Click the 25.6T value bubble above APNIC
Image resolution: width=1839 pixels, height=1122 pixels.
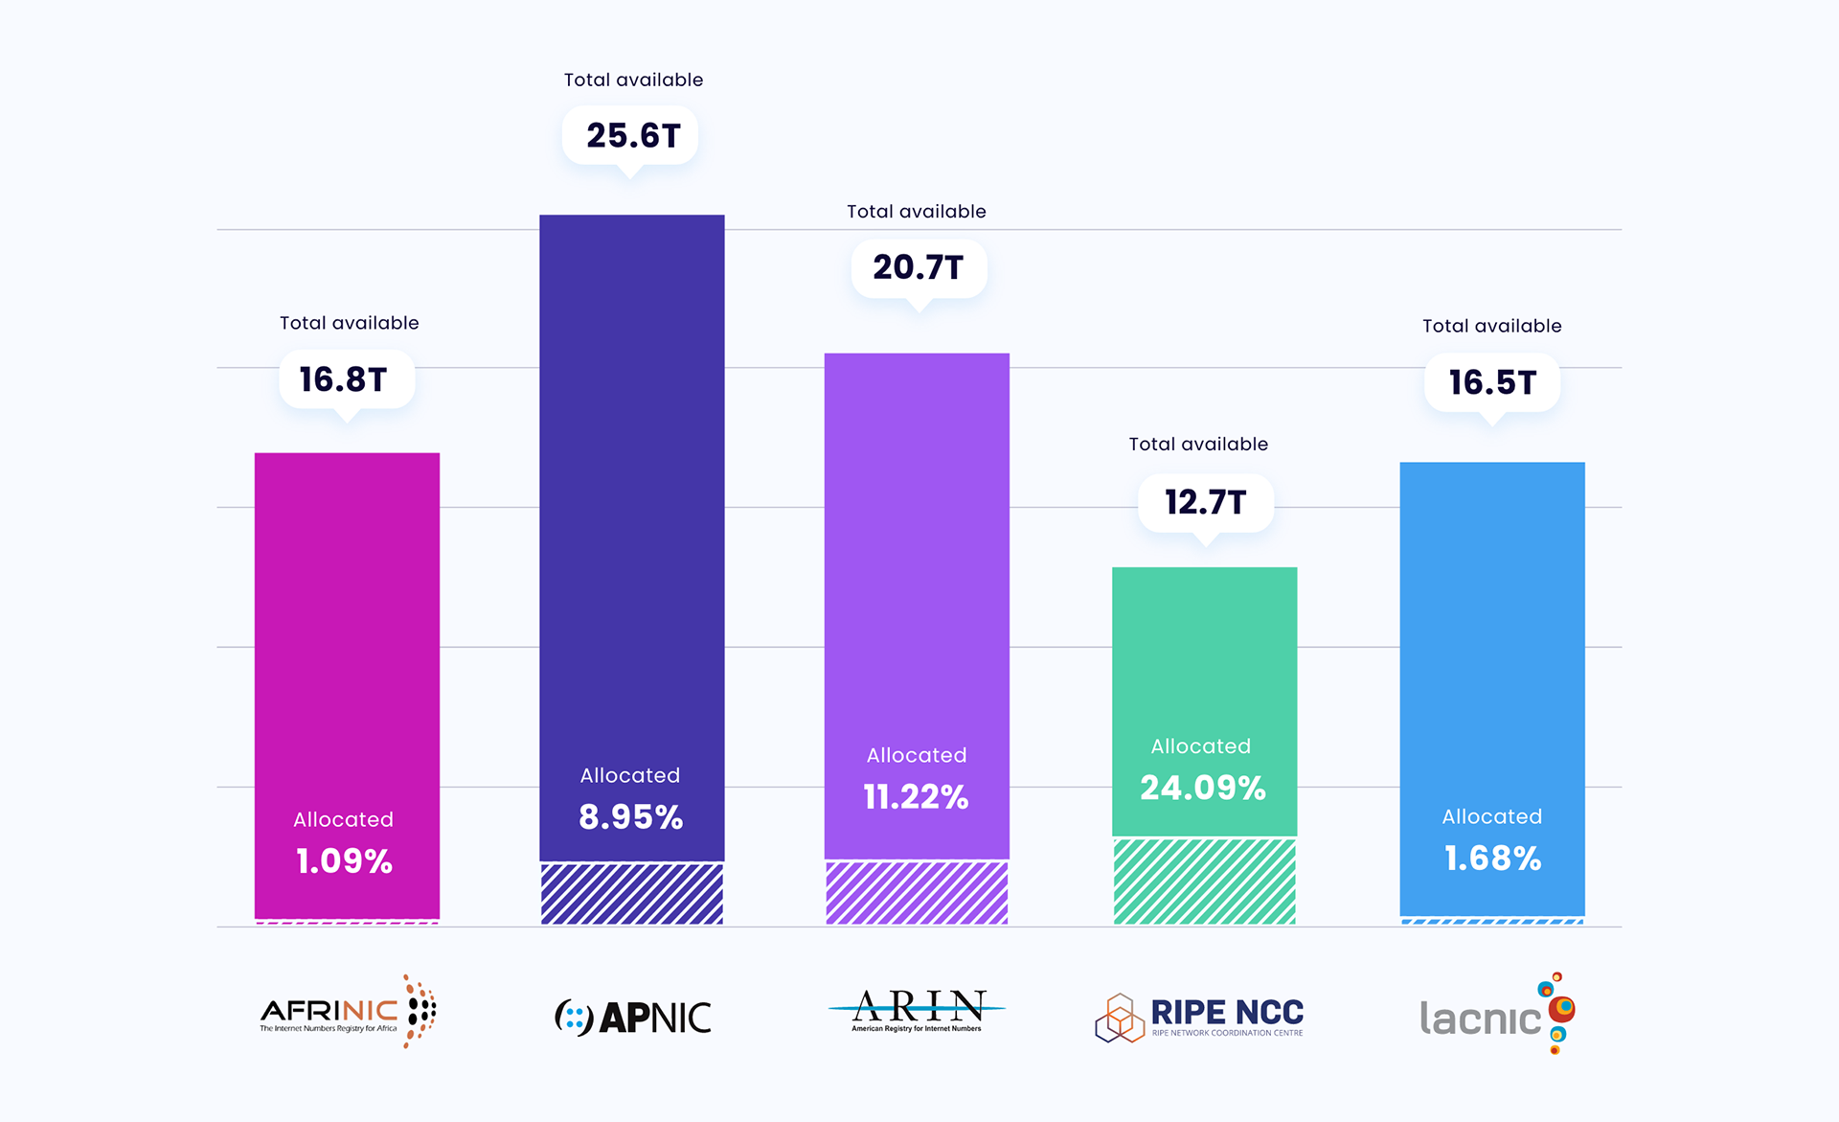coord(632,136)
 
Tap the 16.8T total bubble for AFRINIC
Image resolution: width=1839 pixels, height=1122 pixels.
coord(345,379)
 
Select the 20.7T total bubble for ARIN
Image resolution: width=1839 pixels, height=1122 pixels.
coord(918,267)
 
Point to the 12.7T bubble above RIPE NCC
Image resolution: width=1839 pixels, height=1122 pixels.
coord(1205,502)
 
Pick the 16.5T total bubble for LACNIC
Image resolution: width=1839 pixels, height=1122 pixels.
coord(1491,382)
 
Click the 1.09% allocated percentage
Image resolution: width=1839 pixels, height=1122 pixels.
coord(345,860)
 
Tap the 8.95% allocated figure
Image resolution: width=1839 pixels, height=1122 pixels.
coord(630,816)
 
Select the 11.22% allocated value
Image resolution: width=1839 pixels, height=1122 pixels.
coord(916,796)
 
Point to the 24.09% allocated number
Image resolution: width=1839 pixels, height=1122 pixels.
coord(1203,788)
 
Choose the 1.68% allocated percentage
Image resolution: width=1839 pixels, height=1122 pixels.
coord(1492,858)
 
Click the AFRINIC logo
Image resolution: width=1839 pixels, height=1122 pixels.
coord(347,1012)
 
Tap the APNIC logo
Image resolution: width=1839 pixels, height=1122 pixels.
coord(633,1017)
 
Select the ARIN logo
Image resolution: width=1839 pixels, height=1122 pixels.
coord(917,1011)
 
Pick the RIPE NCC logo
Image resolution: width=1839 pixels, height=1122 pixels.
coord(1199,1017)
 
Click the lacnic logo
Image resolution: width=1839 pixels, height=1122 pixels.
coord(1496,1014)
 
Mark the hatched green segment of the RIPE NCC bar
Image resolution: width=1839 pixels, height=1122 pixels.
coord(1204,882)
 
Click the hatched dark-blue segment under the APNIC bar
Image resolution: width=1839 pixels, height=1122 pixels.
coord(632,894)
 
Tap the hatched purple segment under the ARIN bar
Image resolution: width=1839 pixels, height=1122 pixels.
coord(917,893)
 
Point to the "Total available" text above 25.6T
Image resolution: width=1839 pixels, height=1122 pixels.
coord(633,80)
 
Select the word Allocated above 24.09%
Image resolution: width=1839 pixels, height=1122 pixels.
coord(1201,746)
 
